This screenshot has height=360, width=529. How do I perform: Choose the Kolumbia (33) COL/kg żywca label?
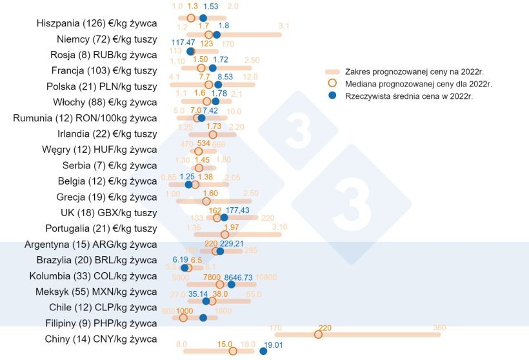(90, 276)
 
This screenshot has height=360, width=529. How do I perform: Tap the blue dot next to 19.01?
(263, 351)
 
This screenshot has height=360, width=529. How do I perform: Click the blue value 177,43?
(238, 210)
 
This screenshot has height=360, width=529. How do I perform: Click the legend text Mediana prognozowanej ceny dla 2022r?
(410, 83)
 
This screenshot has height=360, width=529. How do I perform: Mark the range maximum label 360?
(439, 328)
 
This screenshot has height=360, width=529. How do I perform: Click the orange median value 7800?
(213, 276)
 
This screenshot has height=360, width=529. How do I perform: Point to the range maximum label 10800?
(266, 276)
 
